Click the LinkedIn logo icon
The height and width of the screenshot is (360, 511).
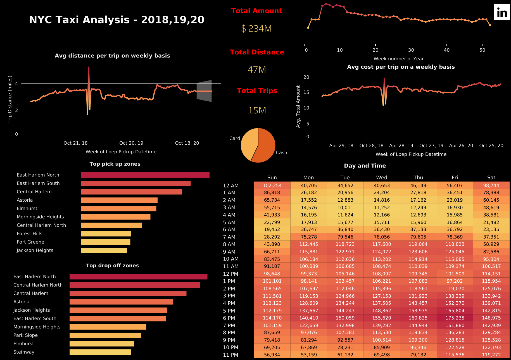[502, 12]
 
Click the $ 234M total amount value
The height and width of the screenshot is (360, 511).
[256, 28]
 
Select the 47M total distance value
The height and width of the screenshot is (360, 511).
[256, 70]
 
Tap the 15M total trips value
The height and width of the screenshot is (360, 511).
[257, 110]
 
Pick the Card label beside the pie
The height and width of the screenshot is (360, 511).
[234, 138]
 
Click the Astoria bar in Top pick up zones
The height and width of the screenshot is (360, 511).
[119, 200]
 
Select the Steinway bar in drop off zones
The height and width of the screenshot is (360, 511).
[100, 352]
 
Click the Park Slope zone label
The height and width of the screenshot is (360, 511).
[25, 335]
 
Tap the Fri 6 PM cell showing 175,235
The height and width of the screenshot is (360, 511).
[455, 318]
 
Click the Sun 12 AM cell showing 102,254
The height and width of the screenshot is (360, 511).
[272, 186]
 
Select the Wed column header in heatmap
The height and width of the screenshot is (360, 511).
[381, 178]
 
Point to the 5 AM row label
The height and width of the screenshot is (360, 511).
[229, 223]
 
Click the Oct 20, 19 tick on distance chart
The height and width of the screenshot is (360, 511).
[131, 143]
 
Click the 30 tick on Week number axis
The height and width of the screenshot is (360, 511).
[411, 50]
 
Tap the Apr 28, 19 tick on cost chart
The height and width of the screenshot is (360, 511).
[401, 146]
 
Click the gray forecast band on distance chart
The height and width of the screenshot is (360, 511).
[204, 91]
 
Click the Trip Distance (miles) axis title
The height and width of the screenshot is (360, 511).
[10, 99]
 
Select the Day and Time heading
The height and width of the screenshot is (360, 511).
[365, 166]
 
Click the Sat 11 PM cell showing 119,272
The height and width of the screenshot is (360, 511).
[491, 355]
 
